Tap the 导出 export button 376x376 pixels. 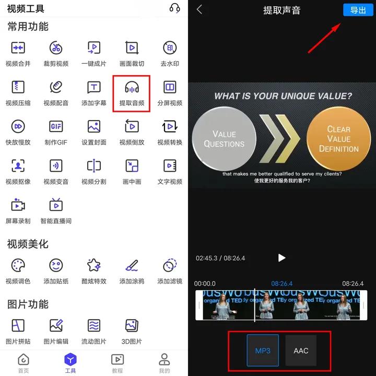pos(358,10)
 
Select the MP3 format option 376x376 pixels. pos(263,350)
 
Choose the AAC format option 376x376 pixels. pos(301,350)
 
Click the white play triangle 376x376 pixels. pos(282,257)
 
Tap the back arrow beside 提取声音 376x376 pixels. pos(199,10)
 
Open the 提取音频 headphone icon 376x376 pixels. pos(132,87)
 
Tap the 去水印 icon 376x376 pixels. pos(170,48)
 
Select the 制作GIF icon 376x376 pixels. pos(56,126)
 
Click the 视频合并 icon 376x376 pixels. pos(18,48)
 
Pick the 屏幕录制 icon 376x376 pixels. pos(18,205)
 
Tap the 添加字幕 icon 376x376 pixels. pos(94,87)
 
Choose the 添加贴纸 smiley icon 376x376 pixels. pos(56,265)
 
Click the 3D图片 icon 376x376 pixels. pos(132,326)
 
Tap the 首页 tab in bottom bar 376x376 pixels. pos(23,360)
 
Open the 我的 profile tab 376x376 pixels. pos(164,360)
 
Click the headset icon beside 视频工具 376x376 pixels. pos(175,8)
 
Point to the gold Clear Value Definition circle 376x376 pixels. pos(338,138)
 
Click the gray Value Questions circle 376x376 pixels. pos(224,138)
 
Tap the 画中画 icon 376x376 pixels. pos(132,166)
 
